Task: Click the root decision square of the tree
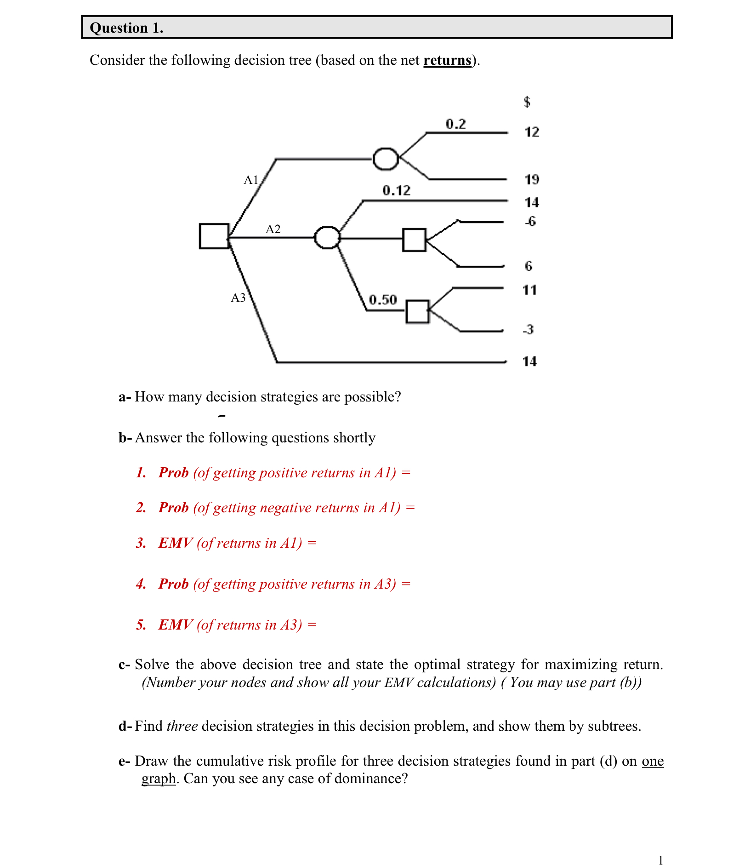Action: (x=214, y=236)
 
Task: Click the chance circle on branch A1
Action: (x=385, y=159)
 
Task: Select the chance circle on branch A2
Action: (x=327, y=238)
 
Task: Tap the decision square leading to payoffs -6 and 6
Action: (x=414, y=240)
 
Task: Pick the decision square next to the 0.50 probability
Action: (x=417, y=311)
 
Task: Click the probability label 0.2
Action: (x=455, y=124)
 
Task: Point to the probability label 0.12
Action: (x=396, y=190)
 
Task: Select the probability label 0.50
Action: (x=382, y=300)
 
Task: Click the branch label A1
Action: (x=251, y=180)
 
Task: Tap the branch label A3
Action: (x=238, y=298)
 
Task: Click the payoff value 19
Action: (x=532, y=179)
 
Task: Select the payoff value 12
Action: (x=532, y=132)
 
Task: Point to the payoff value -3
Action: (x=528, y=330)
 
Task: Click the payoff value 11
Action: (x=529, y=290)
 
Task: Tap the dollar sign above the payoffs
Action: (x=527, y=102)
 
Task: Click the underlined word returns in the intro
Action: (x=447, y=60)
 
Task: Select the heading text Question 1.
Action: (x=126, y=28)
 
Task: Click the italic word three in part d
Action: (x=182, y=726)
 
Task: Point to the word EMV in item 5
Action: (x=175, y=624)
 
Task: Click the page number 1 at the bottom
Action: (x=660, y=859)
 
